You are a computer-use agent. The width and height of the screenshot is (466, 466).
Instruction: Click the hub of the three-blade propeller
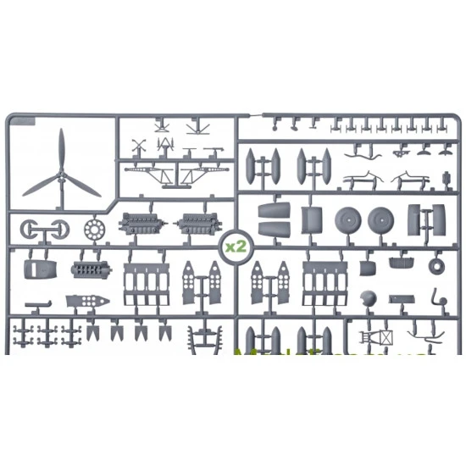pos(60,175)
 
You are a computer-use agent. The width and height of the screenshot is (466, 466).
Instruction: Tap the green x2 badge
pos(235,247)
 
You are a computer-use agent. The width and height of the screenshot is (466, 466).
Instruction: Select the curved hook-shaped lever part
pos(435,298)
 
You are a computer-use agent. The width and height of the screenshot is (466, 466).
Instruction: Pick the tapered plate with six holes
pos(86,302)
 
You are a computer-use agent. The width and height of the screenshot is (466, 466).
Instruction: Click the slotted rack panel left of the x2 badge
pos(147,282)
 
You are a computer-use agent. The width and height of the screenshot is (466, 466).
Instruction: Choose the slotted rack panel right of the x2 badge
pos(325,282)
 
